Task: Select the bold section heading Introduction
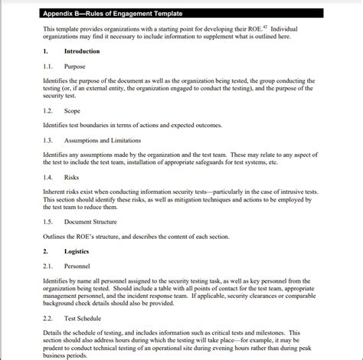coord(82,51)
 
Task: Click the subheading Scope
coord(72,111)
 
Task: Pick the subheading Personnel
coord(77,266)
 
